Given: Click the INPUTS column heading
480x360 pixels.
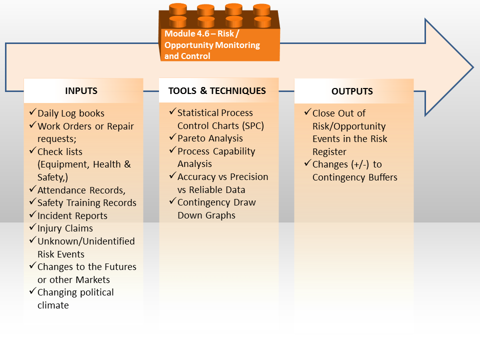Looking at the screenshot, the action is (x=81, y=91).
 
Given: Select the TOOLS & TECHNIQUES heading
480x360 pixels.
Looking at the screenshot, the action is (x=217, y=91).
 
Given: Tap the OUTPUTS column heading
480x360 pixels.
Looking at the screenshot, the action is (x=352, y=91).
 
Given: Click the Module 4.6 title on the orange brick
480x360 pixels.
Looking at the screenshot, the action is (x=212, y=44).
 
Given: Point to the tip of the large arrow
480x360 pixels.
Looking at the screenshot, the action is (x=473, y=67).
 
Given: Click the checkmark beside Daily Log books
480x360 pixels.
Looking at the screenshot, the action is (x=33, y=111).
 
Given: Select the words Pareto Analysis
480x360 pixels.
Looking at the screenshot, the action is (x=210, y=138).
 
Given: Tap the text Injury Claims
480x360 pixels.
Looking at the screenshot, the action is (x=65, y=228).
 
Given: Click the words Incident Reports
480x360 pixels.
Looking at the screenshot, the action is (x=72, y=216).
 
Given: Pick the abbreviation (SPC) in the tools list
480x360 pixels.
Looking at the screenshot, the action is (x=252, y=126).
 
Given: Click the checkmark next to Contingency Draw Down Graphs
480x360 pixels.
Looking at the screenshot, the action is (x=172, y=201).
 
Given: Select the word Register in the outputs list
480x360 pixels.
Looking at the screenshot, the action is (x=329, y=152).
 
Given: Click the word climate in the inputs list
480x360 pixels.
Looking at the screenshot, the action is (x=53, y=305).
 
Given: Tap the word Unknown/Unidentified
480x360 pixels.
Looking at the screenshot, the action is (x=86, y=241).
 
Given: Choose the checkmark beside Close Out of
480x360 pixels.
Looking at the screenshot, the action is (x=308, y=111).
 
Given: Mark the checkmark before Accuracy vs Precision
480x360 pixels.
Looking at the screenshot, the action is (x=172, y=175).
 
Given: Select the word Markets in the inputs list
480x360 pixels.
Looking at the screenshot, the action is (x=93, y=280).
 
